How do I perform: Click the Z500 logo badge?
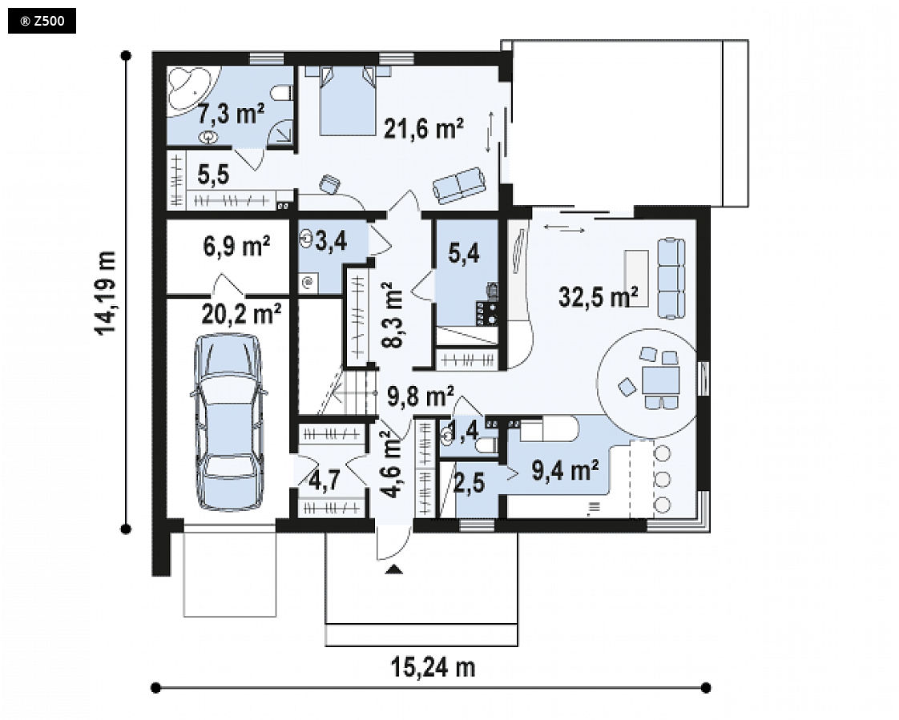click(x=42, y=22)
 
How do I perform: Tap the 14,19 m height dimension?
click(x=106, y=293)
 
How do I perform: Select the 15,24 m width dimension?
click(x=433, y=668)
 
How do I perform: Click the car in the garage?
click(x=229, y=422)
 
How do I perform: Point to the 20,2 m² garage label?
click(x=241, y=314)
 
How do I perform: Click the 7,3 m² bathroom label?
click(x=231, y=114)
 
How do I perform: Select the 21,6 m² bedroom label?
click(x=423, y=128)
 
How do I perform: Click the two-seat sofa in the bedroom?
click(x=459, y=184)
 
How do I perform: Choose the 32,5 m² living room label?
click(x=598, y=296)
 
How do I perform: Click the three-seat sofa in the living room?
click(x=670, y=279)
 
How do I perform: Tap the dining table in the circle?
click(x=660, y=380)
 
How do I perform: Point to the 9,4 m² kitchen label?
click(x=566, y=470)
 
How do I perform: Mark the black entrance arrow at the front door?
click(x=394, y=569)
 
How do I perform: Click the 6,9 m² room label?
click(x=237, y=247)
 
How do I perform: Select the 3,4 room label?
click(x=331, y=241)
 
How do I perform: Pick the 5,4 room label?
click(x=464, y=253)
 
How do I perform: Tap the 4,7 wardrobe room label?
click(x=325, y=481)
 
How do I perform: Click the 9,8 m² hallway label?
click(x=421, y=396)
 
